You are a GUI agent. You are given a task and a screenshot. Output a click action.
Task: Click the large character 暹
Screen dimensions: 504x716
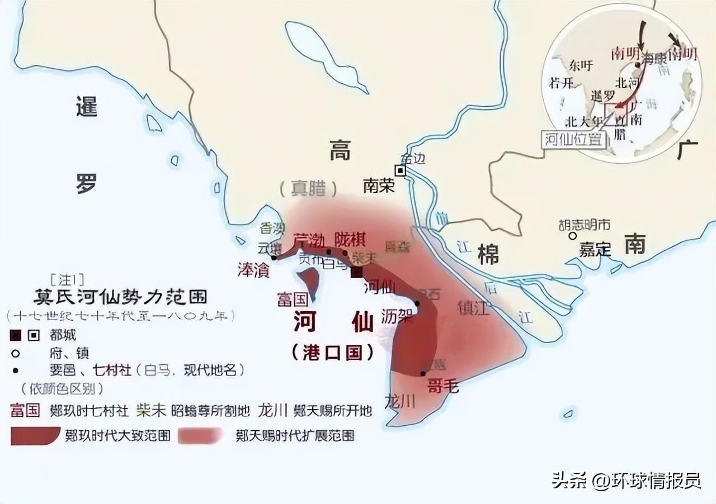87,106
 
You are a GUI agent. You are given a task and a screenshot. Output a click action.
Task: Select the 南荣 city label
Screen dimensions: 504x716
379,186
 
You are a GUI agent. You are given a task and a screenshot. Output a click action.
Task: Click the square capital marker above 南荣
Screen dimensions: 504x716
401,170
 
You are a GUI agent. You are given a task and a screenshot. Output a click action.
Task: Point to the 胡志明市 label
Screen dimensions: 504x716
585,225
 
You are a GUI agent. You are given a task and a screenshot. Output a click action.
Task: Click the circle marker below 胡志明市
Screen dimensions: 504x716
572,236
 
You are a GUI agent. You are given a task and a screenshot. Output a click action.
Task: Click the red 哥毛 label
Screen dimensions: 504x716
442,386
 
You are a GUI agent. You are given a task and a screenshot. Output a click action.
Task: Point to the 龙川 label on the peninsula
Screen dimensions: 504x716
400,401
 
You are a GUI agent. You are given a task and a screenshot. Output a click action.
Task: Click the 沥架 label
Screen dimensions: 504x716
397,316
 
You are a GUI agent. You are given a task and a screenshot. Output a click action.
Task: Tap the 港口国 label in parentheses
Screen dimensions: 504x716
333,352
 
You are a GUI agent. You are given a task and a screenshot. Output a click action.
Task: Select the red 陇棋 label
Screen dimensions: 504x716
350,239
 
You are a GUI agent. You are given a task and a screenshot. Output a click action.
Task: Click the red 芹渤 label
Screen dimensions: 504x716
309,240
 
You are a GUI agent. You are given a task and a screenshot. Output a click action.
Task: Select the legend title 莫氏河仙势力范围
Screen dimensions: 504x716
120,296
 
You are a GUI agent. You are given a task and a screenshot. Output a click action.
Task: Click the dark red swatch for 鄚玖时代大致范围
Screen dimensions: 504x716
35,435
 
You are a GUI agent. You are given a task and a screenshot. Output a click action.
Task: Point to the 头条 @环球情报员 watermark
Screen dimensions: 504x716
626,479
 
